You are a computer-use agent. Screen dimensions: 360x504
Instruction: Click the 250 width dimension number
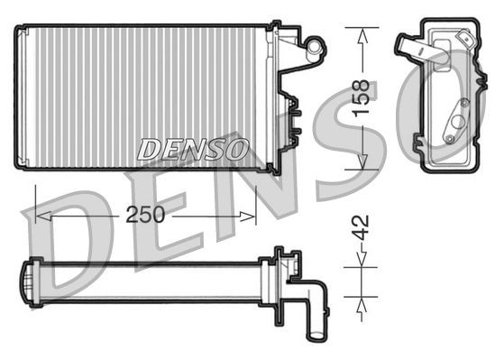click(x=145, y=216)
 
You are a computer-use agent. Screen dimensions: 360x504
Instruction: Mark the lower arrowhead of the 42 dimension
click(x=361, y=299)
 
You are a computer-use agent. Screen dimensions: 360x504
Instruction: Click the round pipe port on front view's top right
click(x=315, y=42)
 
